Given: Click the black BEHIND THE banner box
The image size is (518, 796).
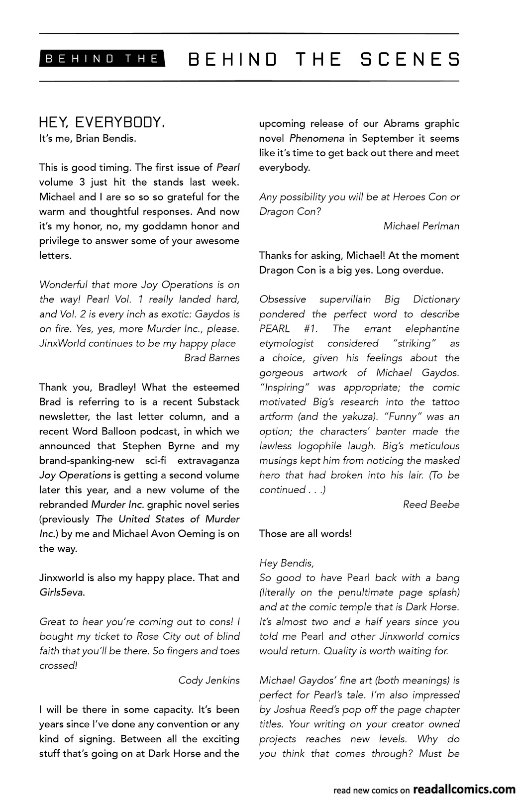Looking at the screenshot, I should (102, 59).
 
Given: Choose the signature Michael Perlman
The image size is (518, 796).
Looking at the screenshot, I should (421, 226).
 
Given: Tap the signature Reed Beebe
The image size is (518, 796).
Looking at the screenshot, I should (431, 504).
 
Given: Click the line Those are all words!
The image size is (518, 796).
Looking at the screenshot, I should (306, 533).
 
